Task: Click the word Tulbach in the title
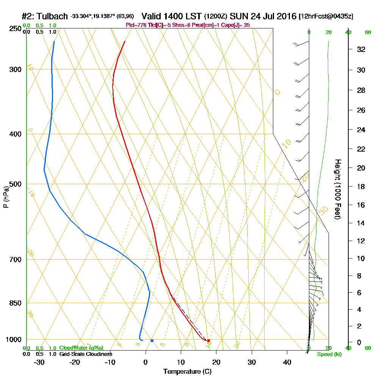coord(52,16)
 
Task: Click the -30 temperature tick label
coord(39,362)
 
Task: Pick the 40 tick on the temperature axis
coord(287,362)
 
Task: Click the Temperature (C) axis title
coord(187,371)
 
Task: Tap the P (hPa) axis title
coord(6,197)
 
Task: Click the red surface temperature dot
coord(208,340)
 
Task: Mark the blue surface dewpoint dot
coord(152,340)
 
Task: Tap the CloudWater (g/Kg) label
coord(81,348)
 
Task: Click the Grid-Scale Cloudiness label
coord(85,354)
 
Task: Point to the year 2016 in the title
coord(286,16)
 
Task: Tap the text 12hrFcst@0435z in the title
coord(326,17)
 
